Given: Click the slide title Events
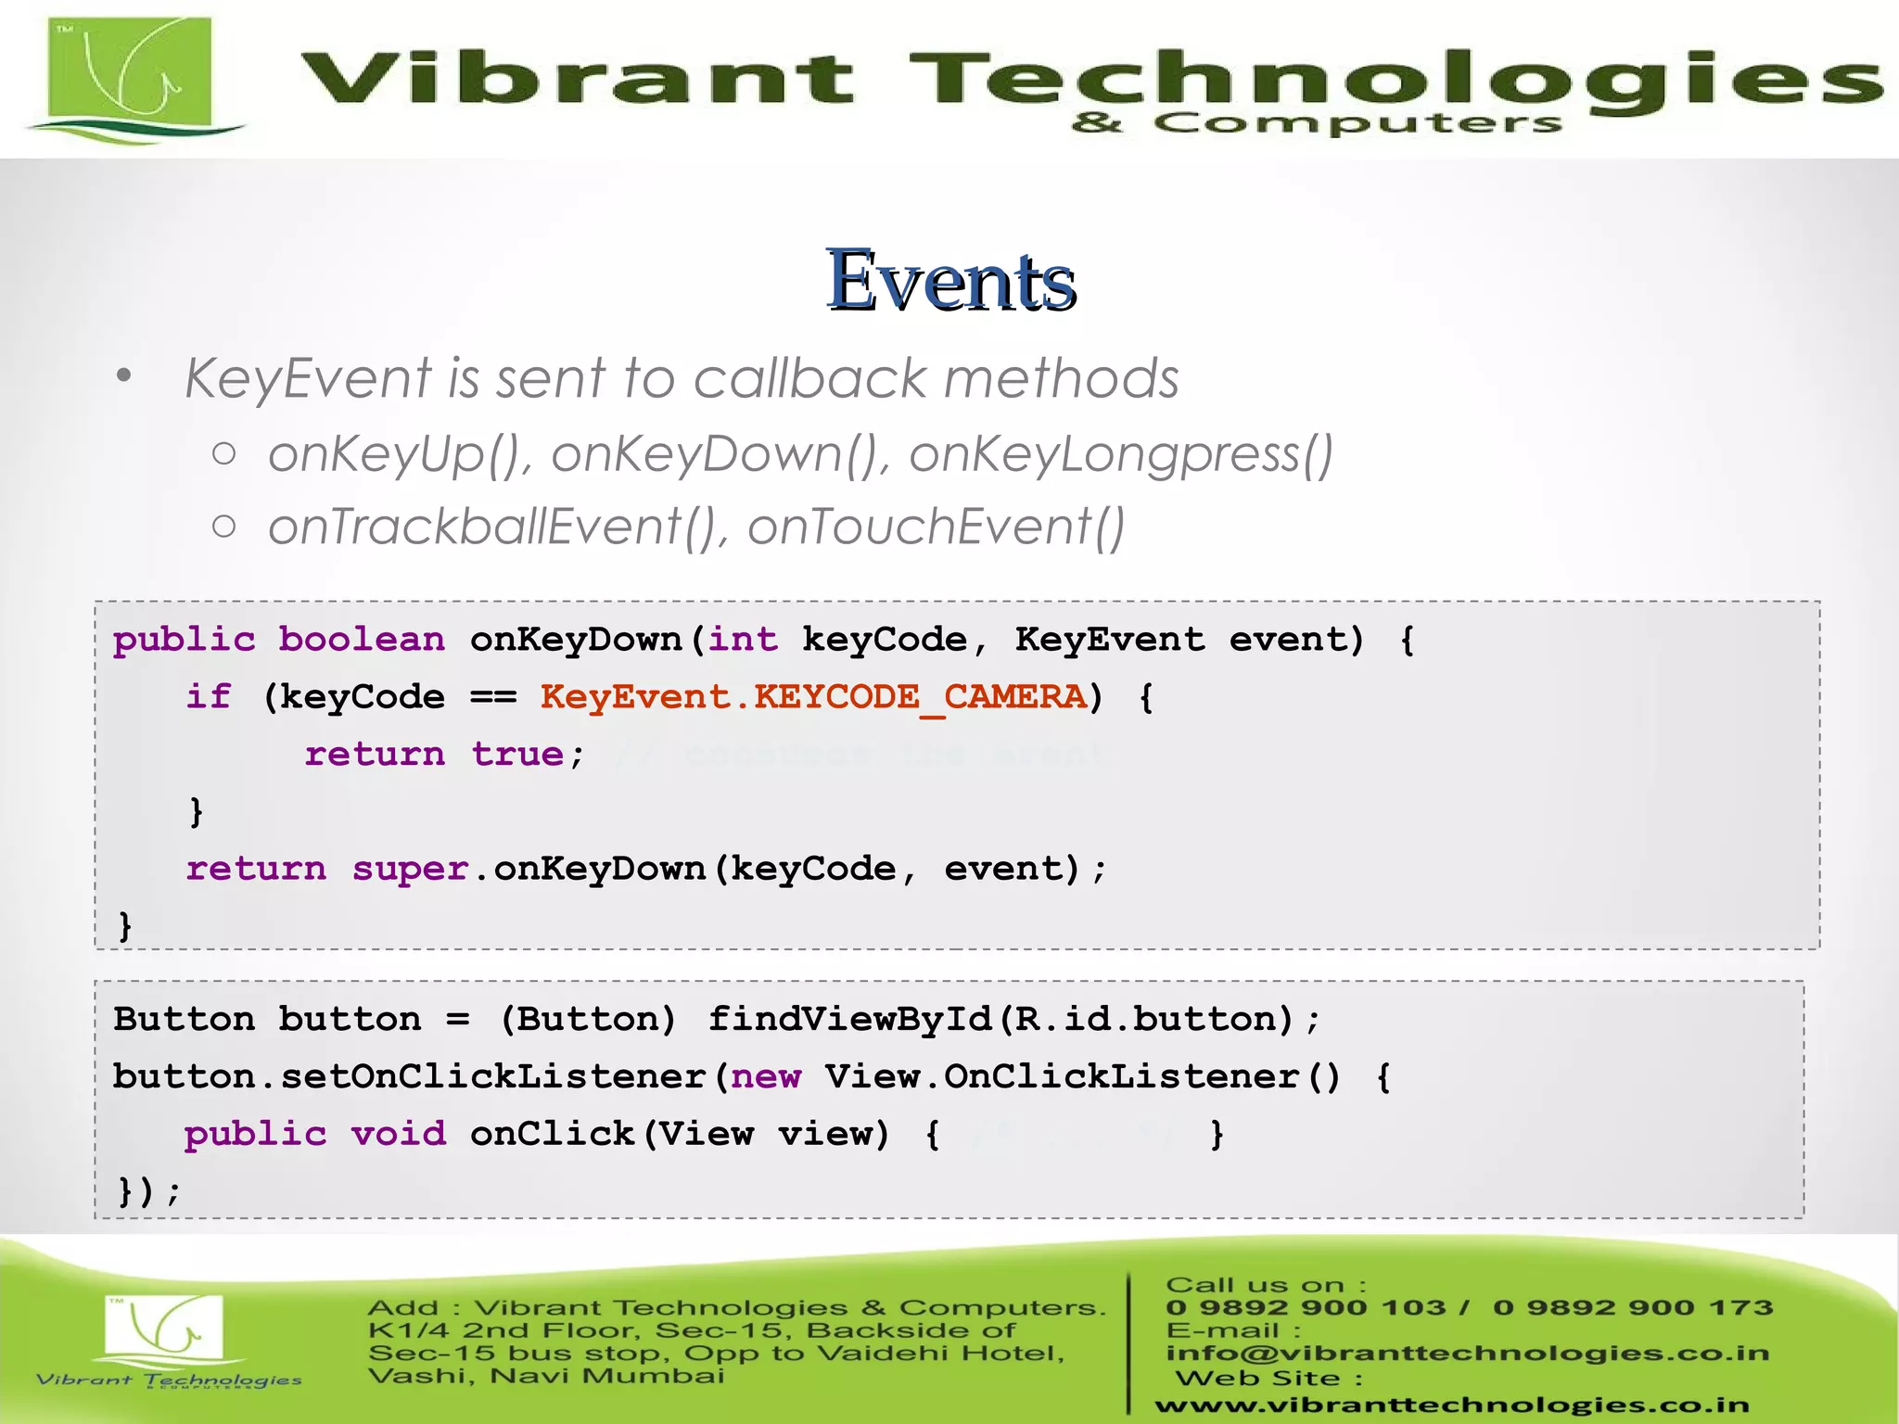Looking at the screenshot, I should pyautogui.click(x=950, y=280).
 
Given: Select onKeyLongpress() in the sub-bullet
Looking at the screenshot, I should pyautogui.click(x=1120, y=454).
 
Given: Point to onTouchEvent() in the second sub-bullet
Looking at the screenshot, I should pyautogui.click(x=937, y=528).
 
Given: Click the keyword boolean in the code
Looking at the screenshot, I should pyautogui.click(x=362, y=640).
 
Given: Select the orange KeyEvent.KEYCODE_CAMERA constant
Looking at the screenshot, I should pyautogui.click(x=813, y=697).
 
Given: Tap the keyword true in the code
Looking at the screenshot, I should pyautogui.click(x=516, y=755).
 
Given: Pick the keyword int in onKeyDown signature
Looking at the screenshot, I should pyautogui.click(x=743, y=640).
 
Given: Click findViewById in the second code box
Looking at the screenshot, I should pyautogui.click(x=850, y=1020).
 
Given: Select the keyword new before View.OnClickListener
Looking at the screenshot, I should pyautogui.click(x=766, y=1077).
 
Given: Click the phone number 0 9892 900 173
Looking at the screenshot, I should pyautogui.click(x=1632, y=1308).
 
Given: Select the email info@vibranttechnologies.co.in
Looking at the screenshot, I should pyautogui.click(x=1467, y=1354).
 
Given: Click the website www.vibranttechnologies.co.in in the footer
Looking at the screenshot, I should pyautogui.click(x=1451, y=1405).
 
